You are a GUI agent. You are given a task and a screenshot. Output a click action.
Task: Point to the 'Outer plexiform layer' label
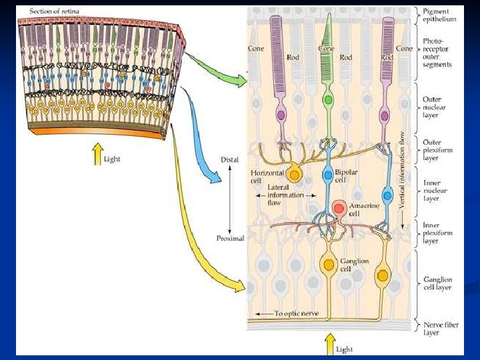[x=437, y=150]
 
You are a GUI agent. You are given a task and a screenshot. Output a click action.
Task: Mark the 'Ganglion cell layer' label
[x=437, y=283]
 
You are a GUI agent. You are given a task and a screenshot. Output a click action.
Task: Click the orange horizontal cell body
[x=294, y=175]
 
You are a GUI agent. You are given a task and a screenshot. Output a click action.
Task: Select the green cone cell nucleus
[x=327, y=101]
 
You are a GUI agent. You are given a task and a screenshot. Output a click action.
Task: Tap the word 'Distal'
[x=229, y=161]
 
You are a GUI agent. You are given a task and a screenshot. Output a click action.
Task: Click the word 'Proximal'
[x=230, y=238]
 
